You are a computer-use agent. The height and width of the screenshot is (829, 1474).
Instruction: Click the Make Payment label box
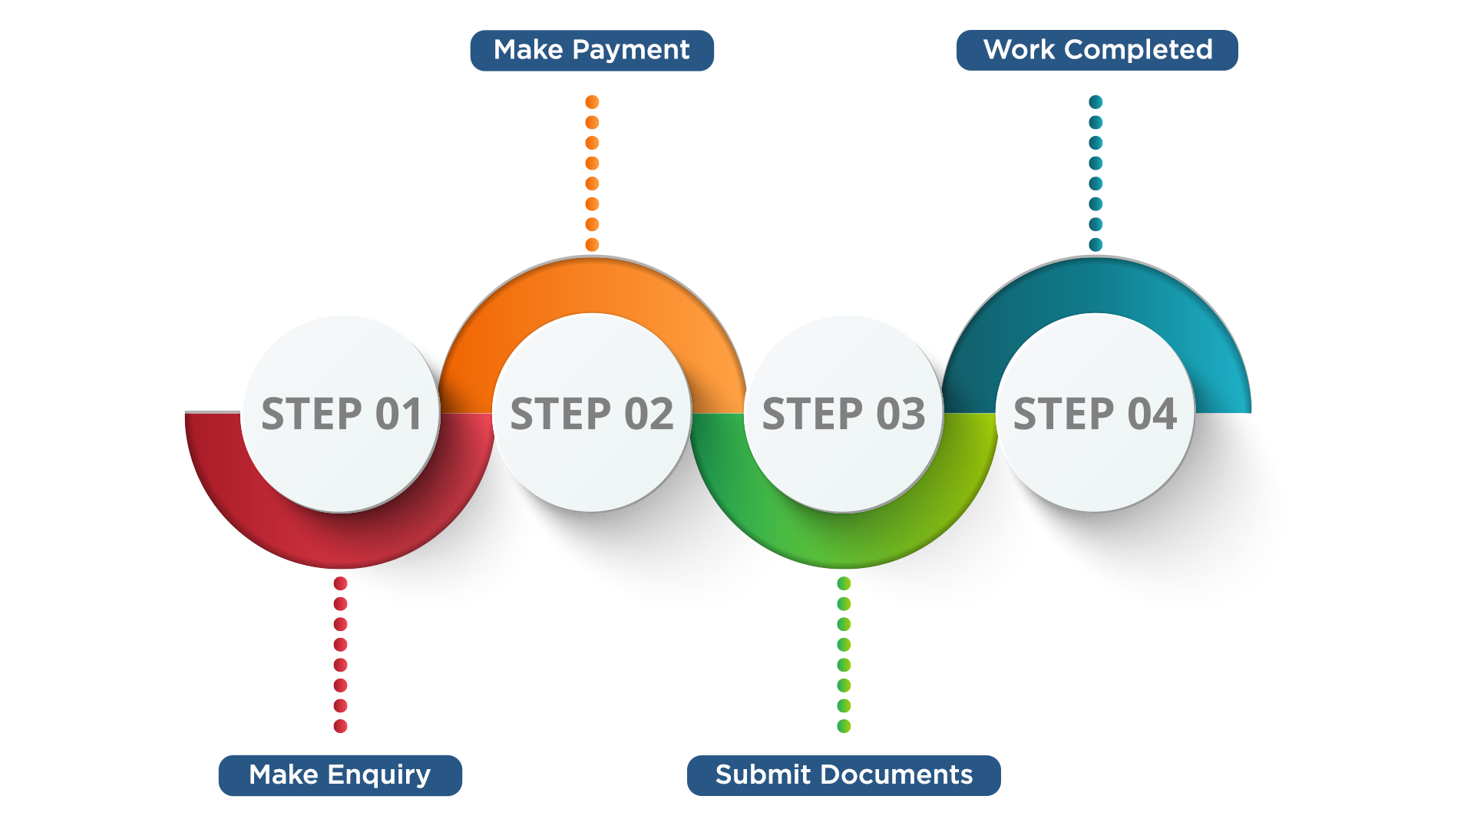coord(592,51)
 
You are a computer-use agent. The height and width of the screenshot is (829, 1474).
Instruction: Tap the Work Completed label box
coord(1097,51)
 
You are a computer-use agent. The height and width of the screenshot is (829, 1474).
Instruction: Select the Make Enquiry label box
coord(340,774)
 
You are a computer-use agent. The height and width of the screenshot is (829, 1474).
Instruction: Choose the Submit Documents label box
coord(844,774)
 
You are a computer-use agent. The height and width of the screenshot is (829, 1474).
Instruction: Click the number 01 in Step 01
coord(398,414)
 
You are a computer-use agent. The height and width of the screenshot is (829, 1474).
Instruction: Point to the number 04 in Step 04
coord(1152,414)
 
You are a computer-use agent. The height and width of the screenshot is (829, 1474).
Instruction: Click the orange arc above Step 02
coord(592,285)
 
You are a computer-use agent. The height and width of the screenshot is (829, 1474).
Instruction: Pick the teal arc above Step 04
coord(1096,285)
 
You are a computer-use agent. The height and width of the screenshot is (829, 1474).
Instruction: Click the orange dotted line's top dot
coord(592,102)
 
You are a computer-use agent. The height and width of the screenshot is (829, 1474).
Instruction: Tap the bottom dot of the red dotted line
coord(341,726)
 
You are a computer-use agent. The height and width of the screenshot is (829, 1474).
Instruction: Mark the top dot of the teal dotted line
coord(1096,102)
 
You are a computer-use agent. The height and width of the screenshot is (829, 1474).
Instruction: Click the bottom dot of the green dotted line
coord(844,726)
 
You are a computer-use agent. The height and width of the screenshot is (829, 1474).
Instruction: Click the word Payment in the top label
coord(631,51)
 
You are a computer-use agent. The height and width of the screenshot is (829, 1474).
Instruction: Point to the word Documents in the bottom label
coord(897,774)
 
